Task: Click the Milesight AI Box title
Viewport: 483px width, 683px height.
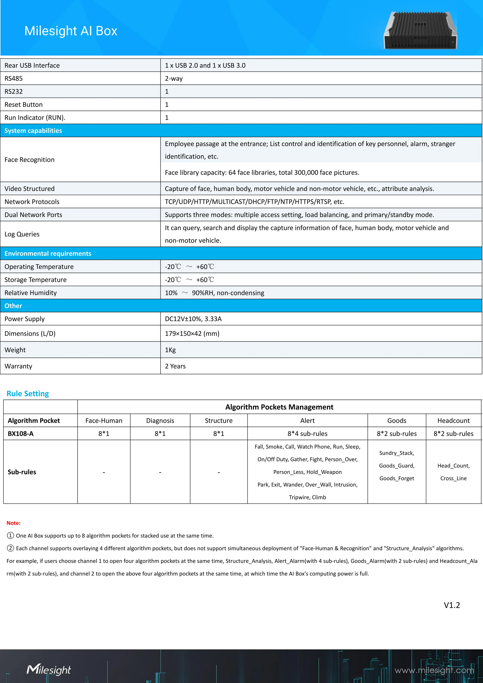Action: [x=71, y=31]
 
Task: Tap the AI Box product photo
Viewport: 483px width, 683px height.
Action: [x=420, y=31]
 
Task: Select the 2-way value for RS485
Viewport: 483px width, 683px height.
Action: [x=174, y=79]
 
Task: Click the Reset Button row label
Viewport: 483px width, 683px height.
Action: [x=24, y=105]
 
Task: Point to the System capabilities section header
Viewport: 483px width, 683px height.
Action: [x=33, y=131]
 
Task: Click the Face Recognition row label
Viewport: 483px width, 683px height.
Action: [x=29, y=160]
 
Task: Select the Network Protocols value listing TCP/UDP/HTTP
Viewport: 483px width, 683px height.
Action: [x=254, y=202]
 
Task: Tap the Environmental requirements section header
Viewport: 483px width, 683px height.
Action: [x=48, y=254]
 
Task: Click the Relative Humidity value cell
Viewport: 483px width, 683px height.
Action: [x=214, y=293]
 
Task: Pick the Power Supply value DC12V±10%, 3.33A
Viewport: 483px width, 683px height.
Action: [x=193, y=319]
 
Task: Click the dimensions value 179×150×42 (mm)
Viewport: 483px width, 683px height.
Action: [x=192, y=333]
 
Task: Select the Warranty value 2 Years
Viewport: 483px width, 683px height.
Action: [x=175, y=366]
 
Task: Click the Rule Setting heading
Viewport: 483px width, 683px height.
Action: [x=28, y=394]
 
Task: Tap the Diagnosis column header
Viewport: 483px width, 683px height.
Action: [x=160, y=421]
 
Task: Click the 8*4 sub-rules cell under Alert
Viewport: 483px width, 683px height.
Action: [x=307, y=434]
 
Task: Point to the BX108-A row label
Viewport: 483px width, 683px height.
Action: [x=21, y=434]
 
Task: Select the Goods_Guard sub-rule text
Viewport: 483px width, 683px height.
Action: [x=396, y=466]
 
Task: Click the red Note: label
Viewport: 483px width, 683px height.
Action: [x=13, y=523]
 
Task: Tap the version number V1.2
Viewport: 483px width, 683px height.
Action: [x=451, y=605]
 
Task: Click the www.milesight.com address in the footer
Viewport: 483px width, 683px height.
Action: [x=434, y=670]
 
